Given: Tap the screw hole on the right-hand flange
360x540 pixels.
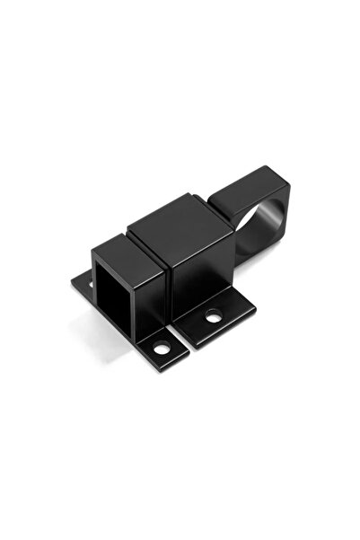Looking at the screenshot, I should [214, 315].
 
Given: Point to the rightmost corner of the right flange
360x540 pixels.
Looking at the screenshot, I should [255, 310].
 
